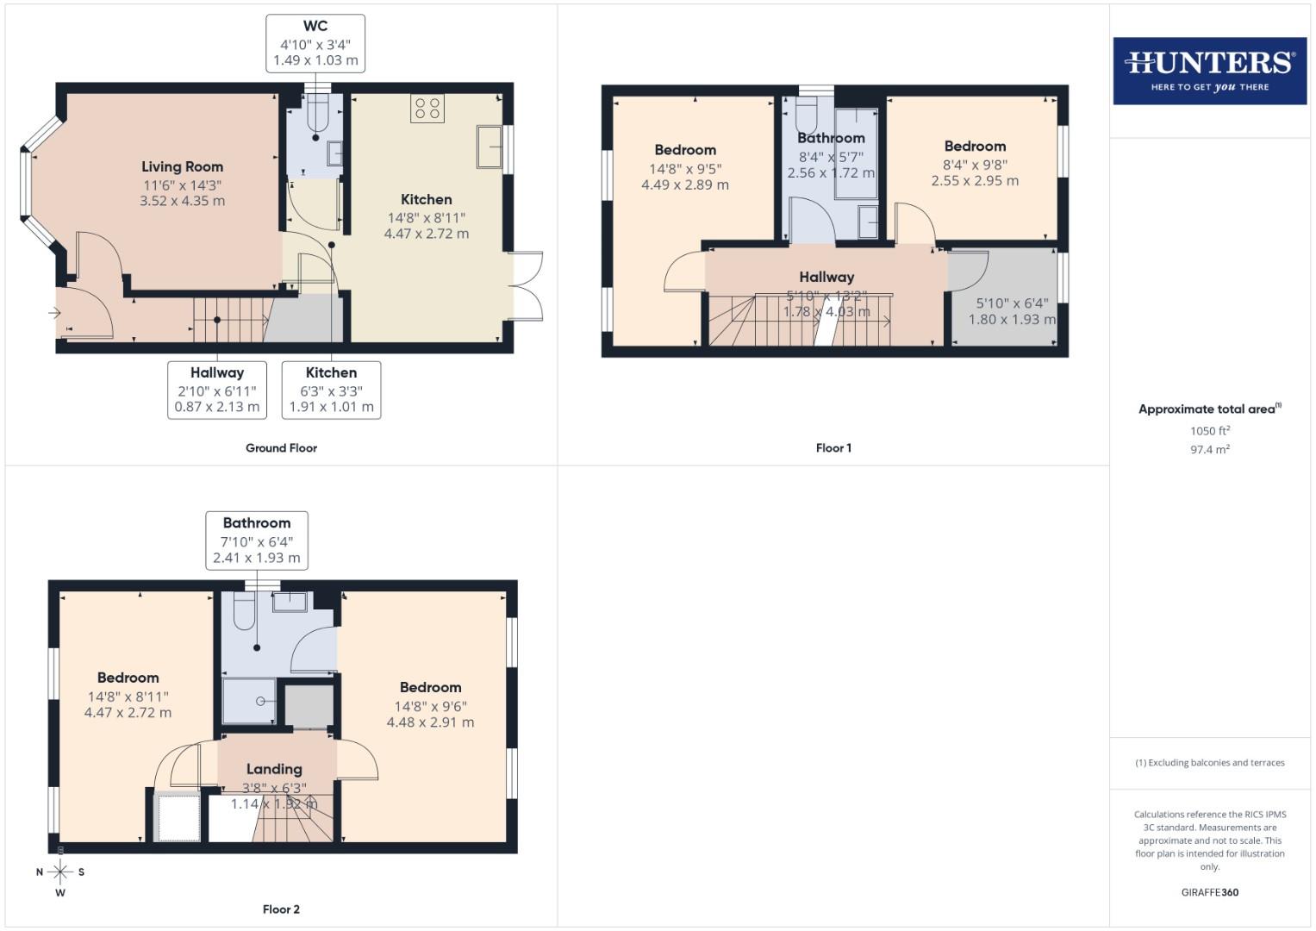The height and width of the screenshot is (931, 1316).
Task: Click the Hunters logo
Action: click(1209, 71)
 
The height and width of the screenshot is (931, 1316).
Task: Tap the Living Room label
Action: click(182, 167)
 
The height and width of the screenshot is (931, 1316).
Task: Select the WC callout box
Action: click(315, 43)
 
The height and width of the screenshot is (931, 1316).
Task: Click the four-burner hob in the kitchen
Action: click(427, 109)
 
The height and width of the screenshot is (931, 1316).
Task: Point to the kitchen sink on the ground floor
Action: click(490, 147)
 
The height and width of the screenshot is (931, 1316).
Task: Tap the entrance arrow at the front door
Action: click(56, 314)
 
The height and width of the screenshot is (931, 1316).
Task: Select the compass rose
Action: click(60, 872)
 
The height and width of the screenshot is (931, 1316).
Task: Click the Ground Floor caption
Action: click(281, 448)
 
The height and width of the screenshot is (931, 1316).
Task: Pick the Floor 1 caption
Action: click(833, 448)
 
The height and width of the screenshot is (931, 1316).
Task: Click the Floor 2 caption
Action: click(281, 909)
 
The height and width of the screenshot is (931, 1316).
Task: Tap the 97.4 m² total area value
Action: click(1209, 450)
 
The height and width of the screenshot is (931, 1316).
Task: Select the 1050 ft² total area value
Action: click(1209, 431)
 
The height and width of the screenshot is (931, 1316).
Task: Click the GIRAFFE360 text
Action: click(1209, 893)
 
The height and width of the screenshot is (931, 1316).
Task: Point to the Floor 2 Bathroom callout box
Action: click(257, 540)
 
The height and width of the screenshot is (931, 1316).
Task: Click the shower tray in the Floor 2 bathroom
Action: click(250, 701)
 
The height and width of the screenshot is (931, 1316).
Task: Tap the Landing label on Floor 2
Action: click(274, 769)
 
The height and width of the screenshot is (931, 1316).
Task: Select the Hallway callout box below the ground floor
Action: click(217, 390)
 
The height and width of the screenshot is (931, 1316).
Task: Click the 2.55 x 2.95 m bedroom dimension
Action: click(975, 181)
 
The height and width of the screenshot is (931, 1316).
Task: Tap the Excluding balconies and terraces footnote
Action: click(1209, 763)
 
